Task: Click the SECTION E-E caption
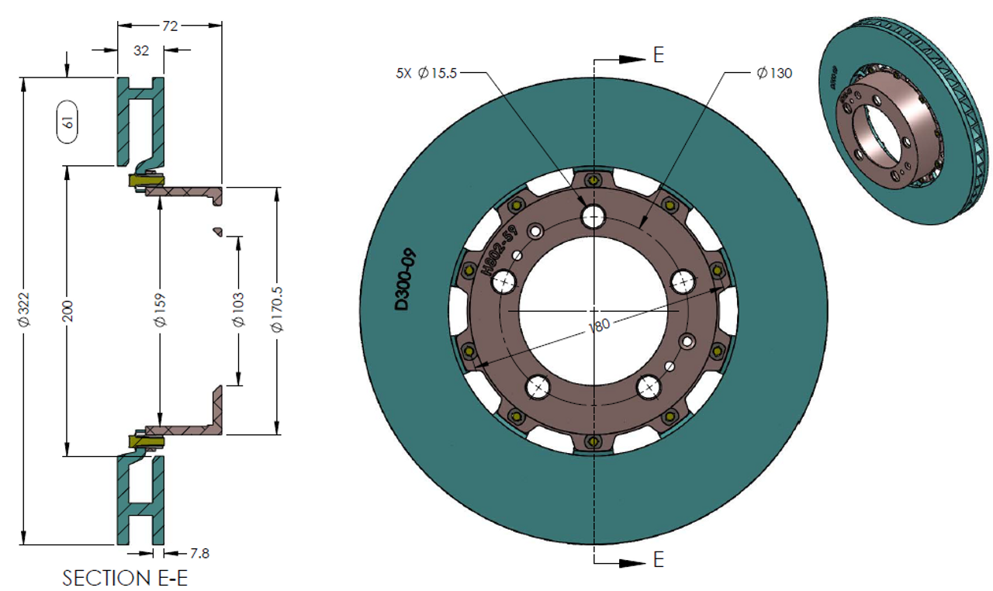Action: pyautogui.click(x=125, y=579)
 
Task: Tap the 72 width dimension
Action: pyautogui.click(x=169, y=26)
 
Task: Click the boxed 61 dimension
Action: pyautogui.click(x=67, y=122)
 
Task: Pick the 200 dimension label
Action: pyautogui.click(x=67, y=310)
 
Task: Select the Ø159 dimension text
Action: pyautogui.click(x=161, y=310)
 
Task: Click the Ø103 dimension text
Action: pyautogui.click(x=238, y=310)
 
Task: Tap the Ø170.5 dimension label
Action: pyautogui.click(x=278, y=310)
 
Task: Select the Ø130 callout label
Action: pyautogui.click(x=773, y=74)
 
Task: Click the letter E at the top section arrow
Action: pyautogui.click(x=659, y=55)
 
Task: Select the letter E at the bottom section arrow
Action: pyautogui.click(x=659, y=559)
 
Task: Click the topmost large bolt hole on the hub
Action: pyautogui.click(x=594, y=216)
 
